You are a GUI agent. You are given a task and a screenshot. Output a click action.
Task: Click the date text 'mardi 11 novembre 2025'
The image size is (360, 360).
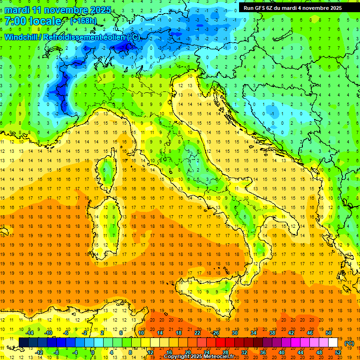58,10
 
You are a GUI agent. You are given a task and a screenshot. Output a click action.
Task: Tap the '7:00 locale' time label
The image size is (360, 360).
33,21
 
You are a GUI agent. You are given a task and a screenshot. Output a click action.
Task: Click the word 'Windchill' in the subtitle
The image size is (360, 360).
21,37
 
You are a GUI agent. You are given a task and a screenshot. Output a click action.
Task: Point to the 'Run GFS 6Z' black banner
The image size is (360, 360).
292,7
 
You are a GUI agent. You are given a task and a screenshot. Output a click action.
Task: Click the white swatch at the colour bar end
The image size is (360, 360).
333,343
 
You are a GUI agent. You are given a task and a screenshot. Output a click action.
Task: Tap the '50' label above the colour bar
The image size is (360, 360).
328,333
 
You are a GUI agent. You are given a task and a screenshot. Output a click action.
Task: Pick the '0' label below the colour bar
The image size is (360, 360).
93,352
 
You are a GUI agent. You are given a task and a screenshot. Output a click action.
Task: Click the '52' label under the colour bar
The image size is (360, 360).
337,352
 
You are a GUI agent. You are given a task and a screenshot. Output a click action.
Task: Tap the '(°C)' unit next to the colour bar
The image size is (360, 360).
349,343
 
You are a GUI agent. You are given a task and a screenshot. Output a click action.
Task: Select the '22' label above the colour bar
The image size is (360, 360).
197,333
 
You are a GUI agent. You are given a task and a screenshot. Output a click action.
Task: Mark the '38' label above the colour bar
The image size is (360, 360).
272,333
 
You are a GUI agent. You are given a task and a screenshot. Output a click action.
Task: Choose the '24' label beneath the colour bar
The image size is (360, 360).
206,352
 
